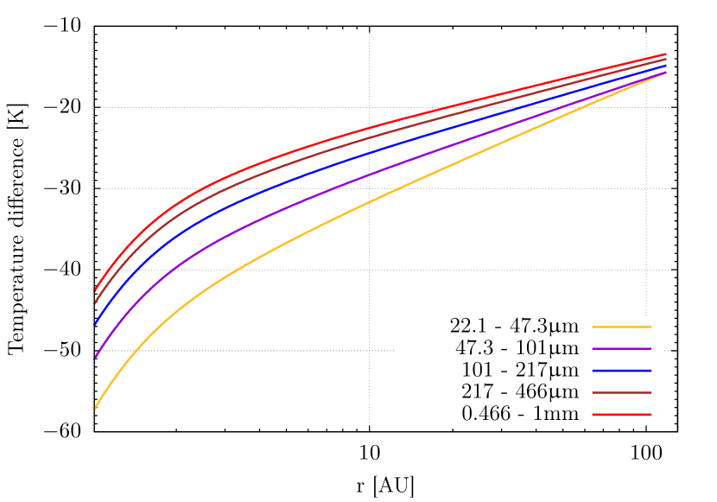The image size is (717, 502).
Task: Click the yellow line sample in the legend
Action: click(x=621, y=327)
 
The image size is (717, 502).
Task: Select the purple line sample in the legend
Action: click(x=621, y=349)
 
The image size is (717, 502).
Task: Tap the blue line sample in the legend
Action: click(x=621, y=371)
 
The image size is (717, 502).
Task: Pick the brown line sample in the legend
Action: click(x=621, y=393)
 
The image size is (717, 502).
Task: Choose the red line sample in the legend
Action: click(x=621, y=415)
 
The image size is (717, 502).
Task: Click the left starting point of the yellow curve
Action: click(x=95, y=408)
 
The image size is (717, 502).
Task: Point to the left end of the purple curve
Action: click(x=95, y=357)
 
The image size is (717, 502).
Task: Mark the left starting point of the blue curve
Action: click(x=95, y=324)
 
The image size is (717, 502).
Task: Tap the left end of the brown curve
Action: click(x=95, y=302)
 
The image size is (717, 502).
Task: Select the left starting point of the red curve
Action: click(x=95, y=289)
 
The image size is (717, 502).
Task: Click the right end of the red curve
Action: click(x=665, y=54)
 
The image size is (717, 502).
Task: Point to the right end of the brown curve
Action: click(x=665, y=59)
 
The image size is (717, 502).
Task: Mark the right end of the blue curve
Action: click(x=665, y=65)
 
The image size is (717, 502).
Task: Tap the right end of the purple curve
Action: click(x=665, y=73)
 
